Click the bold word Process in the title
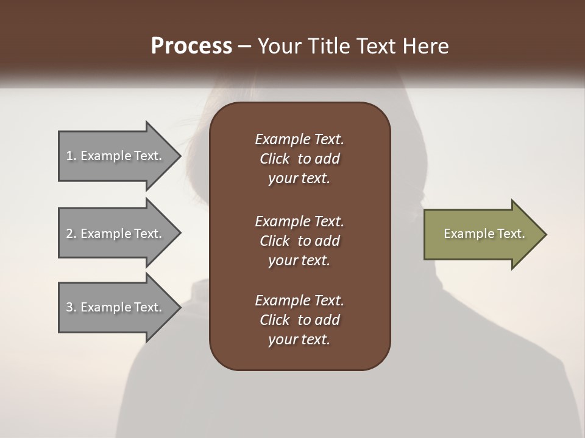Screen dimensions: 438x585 [191, 46]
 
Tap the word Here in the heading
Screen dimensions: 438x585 [427, 46]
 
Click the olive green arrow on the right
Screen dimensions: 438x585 [481, 234]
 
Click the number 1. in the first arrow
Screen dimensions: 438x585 [71, 156]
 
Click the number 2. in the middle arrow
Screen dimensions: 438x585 [71, 234]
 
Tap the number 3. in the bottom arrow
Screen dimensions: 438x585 [71, 307]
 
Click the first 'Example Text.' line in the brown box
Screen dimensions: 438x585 [299, 139]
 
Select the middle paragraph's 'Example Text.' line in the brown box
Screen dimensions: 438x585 [299, 221]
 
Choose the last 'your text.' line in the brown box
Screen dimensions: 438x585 [299, 340]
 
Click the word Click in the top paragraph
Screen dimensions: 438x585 [274, 159]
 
